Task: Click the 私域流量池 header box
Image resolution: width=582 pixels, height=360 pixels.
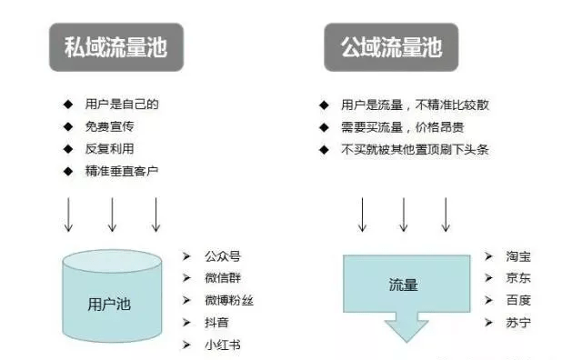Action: (x=116, y=47)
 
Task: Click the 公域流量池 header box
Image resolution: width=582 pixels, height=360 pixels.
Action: (x=391, y=47)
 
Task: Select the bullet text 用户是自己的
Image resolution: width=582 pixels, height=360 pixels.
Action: (x=122, y=105)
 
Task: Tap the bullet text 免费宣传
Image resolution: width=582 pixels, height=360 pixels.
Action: (x=109, y=126)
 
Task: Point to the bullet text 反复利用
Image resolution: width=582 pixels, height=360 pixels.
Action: (x=109, y=149)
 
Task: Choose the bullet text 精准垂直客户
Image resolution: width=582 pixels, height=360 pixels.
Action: (x=122, y=171)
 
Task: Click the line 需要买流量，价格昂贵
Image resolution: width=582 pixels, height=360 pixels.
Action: (x=402, y=127)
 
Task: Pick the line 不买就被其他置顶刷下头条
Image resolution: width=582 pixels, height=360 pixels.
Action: (x=415, y=150)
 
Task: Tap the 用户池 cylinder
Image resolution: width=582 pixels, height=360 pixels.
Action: (x=112, y=295)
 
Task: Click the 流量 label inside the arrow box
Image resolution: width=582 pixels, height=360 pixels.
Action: (x=404, y=285)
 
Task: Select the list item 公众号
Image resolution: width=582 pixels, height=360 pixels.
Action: (x=223, y=256)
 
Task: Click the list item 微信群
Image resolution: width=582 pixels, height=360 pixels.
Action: (x=223, y=278)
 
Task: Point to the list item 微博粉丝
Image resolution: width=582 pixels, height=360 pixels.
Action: (x=229, y=300)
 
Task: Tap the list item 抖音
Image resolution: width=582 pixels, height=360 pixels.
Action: (x=216, y=323)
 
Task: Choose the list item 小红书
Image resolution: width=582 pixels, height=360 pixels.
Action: (x=223, y=345)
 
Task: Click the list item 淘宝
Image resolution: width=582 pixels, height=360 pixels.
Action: (x=518, y=256)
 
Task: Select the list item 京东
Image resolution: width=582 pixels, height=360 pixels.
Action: (x=518, y=278)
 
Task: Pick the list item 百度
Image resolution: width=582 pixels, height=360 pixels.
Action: (x=518, y=300)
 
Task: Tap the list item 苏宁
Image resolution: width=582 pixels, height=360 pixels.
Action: (x=518, y=323)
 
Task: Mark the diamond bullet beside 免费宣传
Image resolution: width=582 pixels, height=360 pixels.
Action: (x=68, y=127)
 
